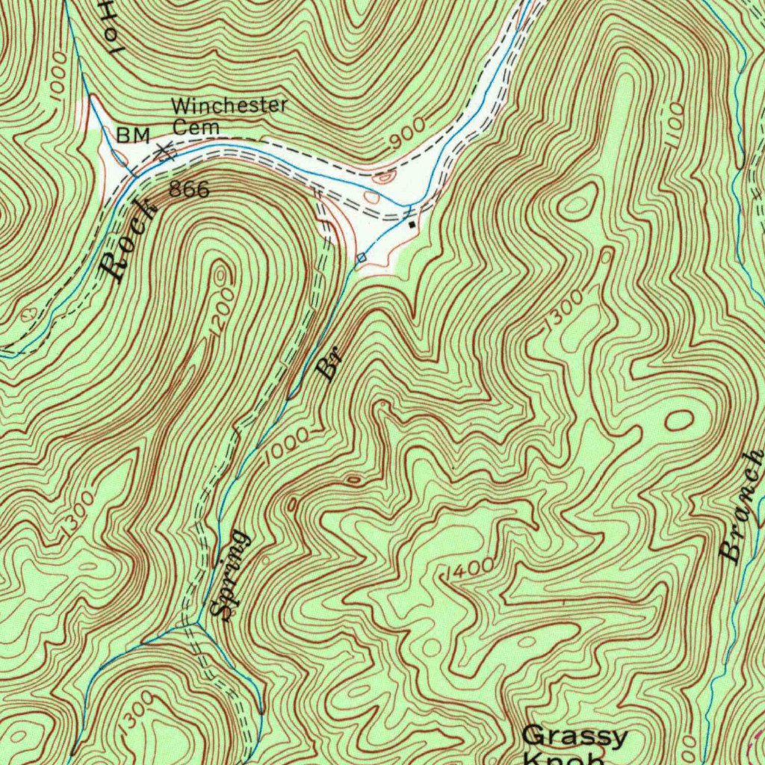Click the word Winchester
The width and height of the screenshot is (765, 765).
click(229, 106)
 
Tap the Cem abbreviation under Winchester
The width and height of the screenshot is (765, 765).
click(196, 128)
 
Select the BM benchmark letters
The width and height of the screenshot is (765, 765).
click(134, 135)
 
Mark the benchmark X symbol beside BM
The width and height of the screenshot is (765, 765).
click(166, 151)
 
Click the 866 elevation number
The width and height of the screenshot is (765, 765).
click(189, 190)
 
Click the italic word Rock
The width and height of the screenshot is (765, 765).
click(129, 241)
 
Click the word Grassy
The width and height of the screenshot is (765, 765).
click(574, 737)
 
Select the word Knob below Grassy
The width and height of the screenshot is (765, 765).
click(564, 758)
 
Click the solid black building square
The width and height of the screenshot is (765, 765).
click(412, 223)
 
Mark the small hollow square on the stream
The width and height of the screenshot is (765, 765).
click(362, 258)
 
